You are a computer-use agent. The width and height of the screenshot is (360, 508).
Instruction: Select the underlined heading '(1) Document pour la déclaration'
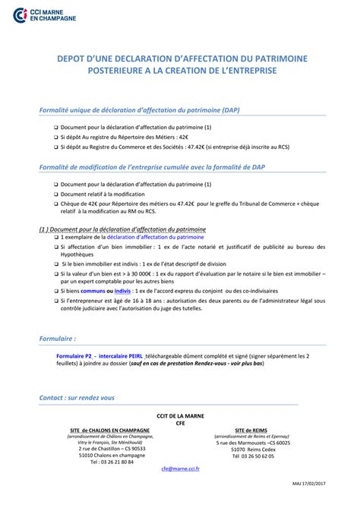[122, 228]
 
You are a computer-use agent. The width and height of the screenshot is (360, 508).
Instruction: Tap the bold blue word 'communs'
[93, 290]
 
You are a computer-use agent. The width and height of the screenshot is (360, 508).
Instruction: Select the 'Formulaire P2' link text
[74, 355]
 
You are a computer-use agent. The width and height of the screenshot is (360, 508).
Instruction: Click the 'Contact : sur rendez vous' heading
[77, 397]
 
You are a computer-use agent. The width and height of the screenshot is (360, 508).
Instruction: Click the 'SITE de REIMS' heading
[251, 430]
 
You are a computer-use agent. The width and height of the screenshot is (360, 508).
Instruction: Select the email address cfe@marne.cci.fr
[180, 469]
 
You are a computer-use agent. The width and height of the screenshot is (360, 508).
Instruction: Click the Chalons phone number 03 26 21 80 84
[112, 461]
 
